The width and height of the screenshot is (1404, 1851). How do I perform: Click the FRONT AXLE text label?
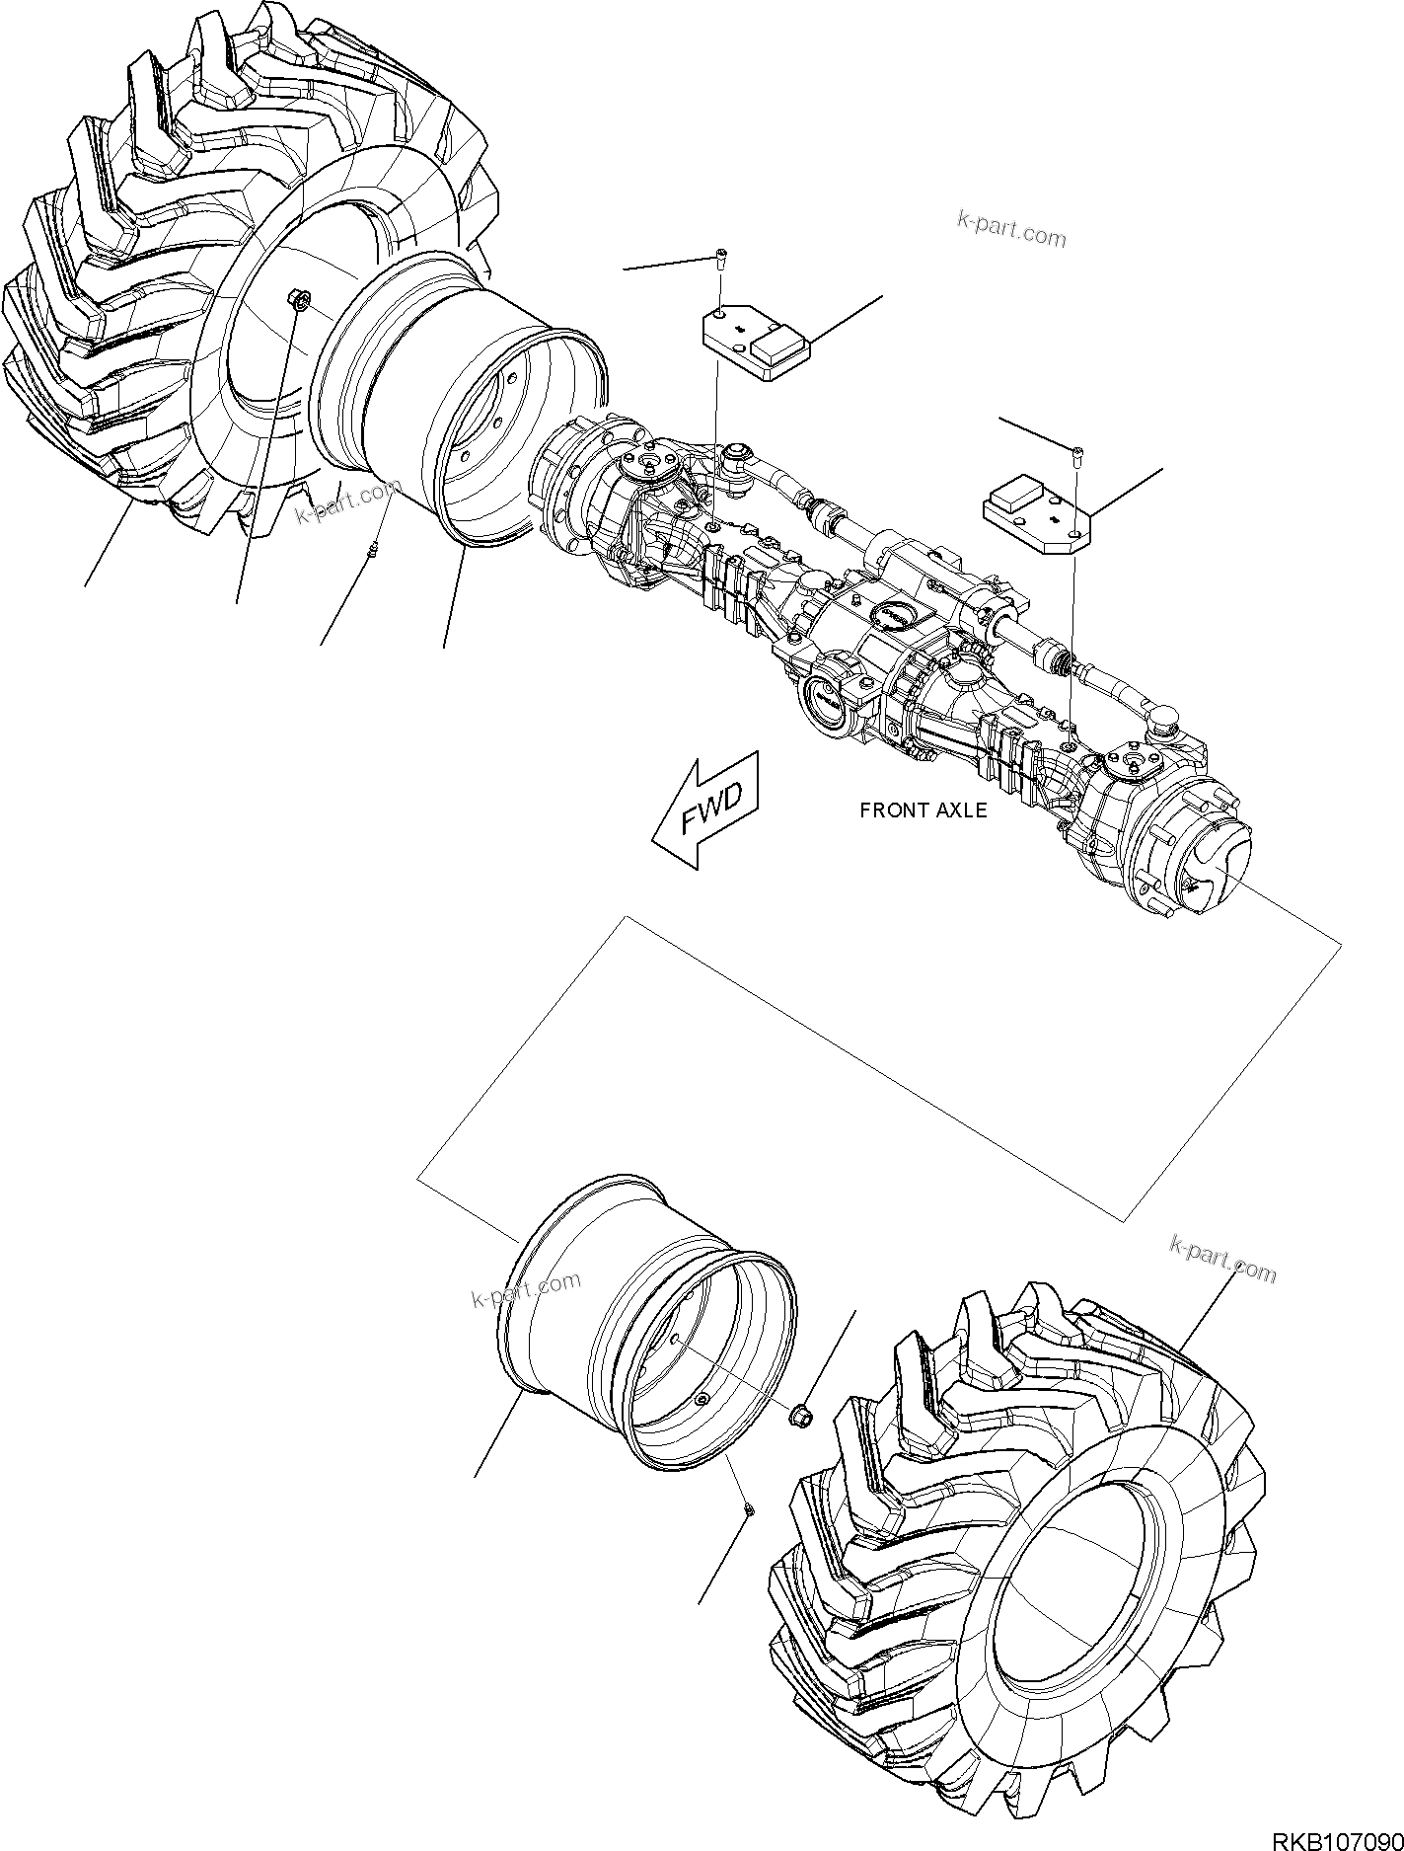923,810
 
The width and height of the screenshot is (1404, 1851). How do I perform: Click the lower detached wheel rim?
651,1323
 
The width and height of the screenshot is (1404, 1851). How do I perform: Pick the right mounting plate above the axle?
1036,508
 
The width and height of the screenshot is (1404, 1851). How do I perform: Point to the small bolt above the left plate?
721,260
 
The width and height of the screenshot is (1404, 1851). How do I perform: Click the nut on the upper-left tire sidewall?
300,297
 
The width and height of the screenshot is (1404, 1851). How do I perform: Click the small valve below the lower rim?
749,1536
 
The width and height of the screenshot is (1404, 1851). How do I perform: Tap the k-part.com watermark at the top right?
1011,229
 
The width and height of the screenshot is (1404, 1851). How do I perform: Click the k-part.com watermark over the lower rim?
527,1287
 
